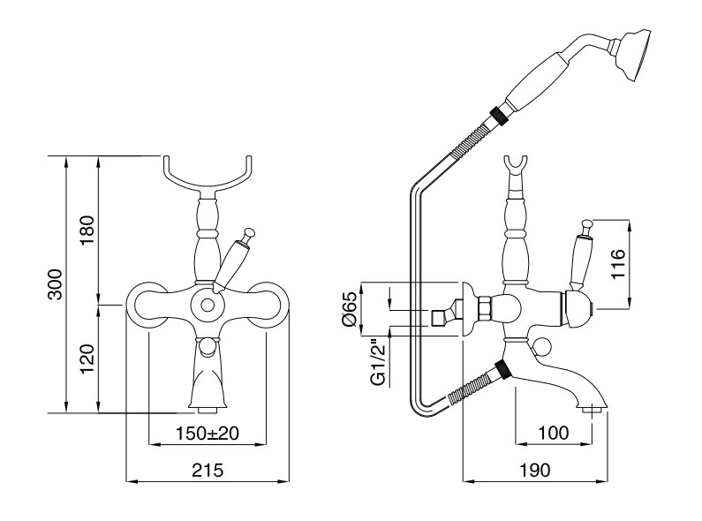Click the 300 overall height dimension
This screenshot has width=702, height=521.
coord(55,283)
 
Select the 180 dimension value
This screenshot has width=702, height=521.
coord(87,230)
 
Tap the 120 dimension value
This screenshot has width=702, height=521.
coord(87,358)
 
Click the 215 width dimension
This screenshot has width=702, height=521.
coord(208,470)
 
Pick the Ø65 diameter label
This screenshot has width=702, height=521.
coord(349,308)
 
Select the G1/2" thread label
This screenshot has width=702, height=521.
coord(378,361)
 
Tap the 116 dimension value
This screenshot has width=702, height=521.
coord(617,264)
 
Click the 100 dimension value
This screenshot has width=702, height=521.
coord(554,433)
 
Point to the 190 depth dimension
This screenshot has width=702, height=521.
coord(535,470)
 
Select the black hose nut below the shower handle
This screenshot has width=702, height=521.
coord(499,114)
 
